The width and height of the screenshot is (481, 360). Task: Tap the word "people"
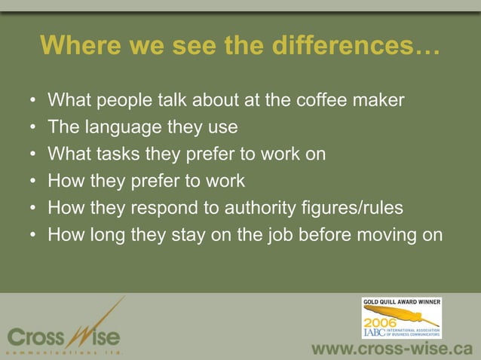click(x=122, y=99)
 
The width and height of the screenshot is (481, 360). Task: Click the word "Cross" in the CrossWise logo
click(x=35, y=334)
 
